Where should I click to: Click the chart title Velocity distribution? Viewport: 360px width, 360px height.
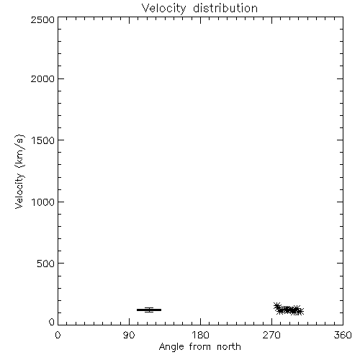(199, 9)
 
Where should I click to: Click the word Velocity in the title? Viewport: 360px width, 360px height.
(163, 9)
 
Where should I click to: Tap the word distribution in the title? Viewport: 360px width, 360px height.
(225, 8)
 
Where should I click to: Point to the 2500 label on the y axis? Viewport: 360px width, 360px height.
(42, 19)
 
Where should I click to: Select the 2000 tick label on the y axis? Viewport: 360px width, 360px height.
(42, 78)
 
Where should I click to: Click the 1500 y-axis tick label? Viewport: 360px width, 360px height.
(43, 140)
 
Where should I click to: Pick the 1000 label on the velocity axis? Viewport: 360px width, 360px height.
(43, 202)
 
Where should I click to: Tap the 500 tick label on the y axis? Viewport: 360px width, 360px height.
(46, 264)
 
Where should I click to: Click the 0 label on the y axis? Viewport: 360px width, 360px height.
(52, 322)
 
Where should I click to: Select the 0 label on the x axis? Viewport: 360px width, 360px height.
(58, 335)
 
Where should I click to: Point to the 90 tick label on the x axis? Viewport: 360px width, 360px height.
(129, 335)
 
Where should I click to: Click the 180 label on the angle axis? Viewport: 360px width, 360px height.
(200, 335)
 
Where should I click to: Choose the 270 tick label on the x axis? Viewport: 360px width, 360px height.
(271, 335)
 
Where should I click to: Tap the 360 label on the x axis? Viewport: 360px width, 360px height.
(343, 335)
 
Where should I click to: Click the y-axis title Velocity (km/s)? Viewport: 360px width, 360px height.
(19, 171)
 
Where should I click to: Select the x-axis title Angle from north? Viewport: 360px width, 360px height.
(200, 347)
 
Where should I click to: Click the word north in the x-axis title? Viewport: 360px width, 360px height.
(229, 346)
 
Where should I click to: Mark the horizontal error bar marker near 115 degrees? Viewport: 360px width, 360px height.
(149, 310)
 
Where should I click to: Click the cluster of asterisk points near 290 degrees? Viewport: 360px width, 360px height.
(289, 310)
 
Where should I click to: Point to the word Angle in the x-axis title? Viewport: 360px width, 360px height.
(171, 347)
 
